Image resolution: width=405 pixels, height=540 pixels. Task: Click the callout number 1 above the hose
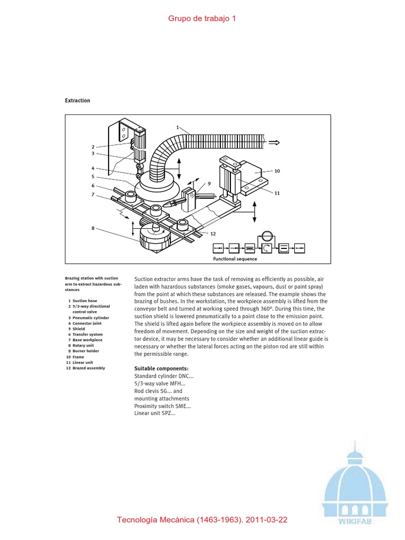[x=178, y=127]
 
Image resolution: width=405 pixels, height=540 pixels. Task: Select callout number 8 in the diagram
[x=93, y=228]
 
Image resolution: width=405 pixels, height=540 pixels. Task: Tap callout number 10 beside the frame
[x=277, y=171]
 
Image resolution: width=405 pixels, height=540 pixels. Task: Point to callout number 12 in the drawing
[x=213, y=233]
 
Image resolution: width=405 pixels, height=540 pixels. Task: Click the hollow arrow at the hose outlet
[x=274, y=142]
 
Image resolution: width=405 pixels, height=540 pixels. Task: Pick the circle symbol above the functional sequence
[x=267, y=236]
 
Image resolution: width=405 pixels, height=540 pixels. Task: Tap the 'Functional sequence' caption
[x=235, y=259]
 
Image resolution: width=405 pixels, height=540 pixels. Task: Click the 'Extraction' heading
[x=78, y=101]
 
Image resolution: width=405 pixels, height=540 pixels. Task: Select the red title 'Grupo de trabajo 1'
[x=202, y=18]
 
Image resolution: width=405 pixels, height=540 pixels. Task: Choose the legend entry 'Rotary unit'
[x=83, y=345]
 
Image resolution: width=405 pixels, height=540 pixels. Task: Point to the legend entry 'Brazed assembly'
[x=88, y=368]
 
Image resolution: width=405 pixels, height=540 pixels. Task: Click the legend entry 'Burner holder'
[x=86, y=351]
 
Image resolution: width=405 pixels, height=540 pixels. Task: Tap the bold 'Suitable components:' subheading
[x=161, y=368]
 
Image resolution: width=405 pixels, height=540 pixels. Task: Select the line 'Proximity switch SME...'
[x=162, y=406]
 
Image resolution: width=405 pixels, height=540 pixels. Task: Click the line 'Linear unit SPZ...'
[x=155, y=413]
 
